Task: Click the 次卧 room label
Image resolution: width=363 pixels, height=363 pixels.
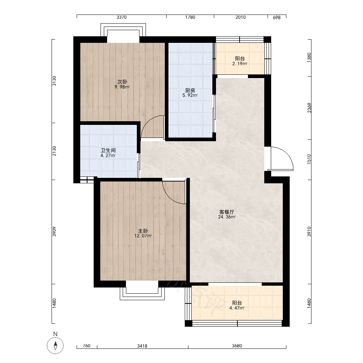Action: click(x=122, y=82)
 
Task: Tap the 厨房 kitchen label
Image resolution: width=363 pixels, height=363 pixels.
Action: click(x=190, y=90)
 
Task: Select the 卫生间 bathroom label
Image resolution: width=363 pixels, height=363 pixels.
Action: click(x=108, y=150)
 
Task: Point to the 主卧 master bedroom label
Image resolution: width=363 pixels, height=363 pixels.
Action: click(x=143, y=231)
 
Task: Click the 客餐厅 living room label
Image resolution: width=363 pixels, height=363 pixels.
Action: click(x=227, y=212)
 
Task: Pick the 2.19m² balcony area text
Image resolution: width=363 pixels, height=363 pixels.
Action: click(x=240, y=64)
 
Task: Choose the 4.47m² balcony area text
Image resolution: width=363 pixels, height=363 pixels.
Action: click(x=237, y=308)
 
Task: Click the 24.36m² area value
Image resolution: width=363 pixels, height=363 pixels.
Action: click(x=227, y=217)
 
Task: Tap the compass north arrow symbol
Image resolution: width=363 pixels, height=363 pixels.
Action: click(x=55, y=346)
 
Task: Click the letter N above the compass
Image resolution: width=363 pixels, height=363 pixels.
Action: click(x=55, y=334)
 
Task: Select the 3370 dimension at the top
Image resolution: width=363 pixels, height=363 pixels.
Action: click(x=122, y=17)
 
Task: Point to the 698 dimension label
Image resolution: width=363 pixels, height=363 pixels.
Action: click(x=277, y=17)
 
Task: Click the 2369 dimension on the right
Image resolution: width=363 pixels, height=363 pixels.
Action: click(x=309, y=108)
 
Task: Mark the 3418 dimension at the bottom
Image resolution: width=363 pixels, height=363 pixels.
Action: click(x=142, y=346)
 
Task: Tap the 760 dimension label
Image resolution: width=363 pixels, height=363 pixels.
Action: click(x=86, y=346)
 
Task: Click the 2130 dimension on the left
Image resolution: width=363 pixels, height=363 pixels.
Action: click(x=54, y=151)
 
